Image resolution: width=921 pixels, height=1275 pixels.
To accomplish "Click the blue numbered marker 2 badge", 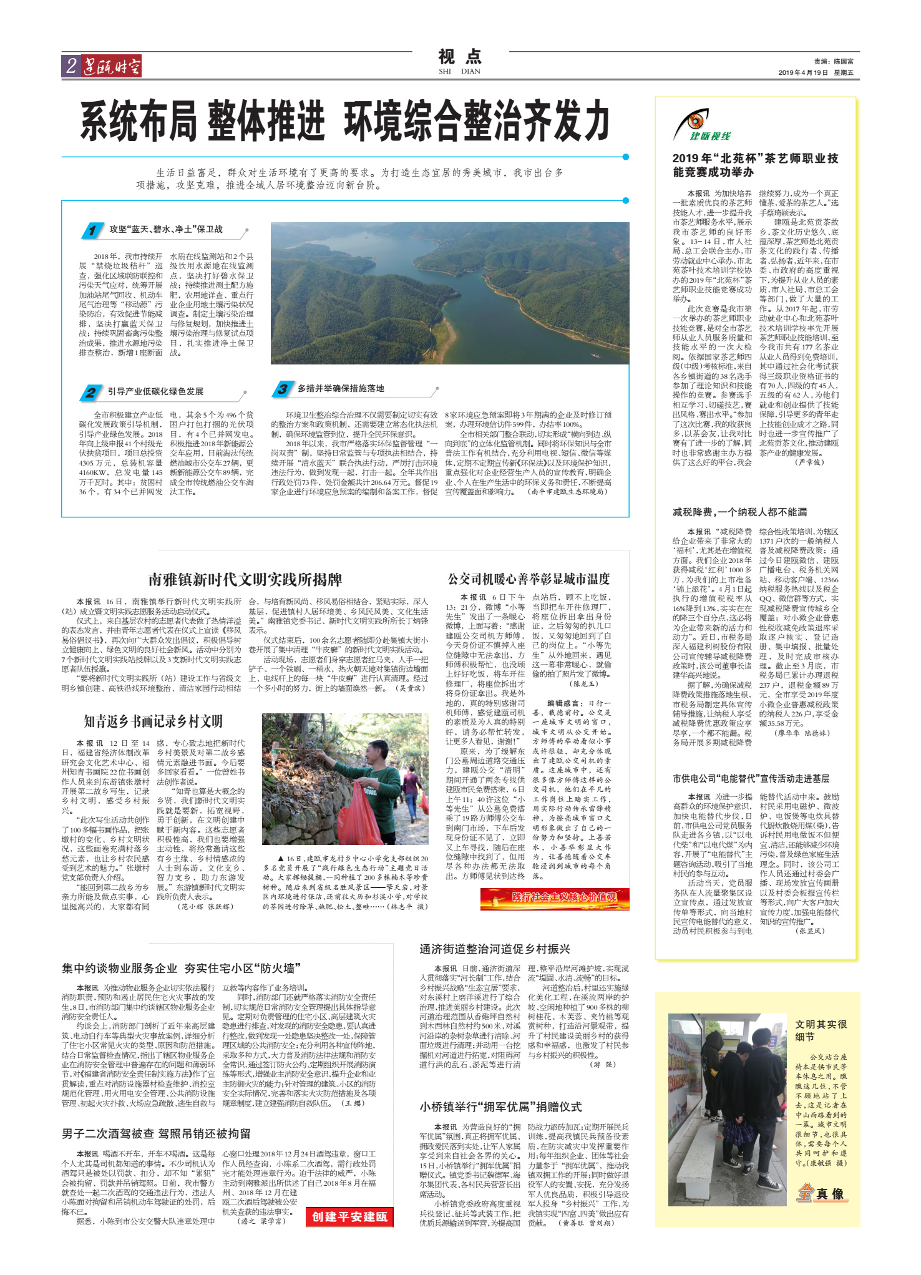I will [x=91, y=393].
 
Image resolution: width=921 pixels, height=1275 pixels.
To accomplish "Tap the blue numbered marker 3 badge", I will [x=282, y=389].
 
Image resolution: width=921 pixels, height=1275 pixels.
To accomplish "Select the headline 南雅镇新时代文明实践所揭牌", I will [x=245, y=580].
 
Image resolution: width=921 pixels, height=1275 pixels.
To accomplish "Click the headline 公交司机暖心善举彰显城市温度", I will [x=529, y=579].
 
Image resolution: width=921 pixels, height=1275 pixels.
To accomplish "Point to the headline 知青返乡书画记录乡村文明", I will [x=153, y=721].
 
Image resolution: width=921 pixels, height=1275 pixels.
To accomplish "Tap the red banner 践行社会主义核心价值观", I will [x=555, y=897].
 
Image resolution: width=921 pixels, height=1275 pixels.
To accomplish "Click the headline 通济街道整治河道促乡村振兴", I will [x=495, y=949].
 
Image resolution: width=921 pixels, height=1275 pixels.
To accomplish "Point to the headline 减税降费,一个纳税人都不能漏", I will [x=739, y=512].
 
